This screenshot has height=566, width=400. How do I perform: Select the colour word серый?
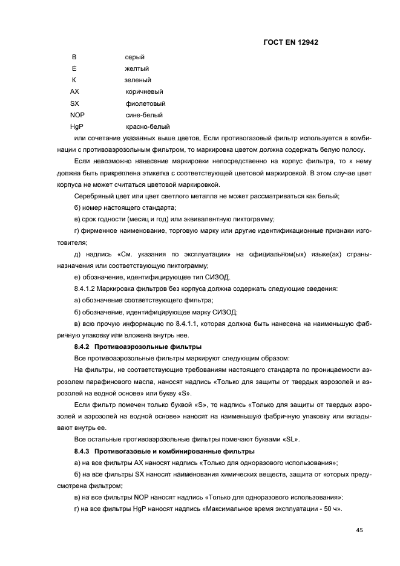135,57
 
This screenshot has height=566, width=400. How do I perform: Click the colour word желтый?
137,69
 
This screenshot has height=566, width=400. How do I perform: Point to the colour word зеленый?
138,80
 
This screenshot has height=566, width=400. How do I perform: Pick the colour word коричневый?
144,92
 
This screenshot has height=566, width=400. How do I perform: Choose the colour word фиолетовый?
145,103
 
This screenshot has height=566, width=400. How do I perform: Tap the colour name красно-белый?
148,127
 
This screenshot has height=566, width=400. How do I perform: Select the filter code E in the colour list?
74,69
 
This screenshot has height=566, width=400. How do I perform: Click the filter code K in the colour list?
74,80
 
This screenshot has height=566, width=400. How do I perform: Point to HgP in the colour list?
77,127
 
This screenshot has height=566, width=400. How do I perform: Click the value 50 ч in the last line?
330,509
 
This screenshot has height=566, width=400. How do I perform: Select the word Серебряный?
94,195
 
